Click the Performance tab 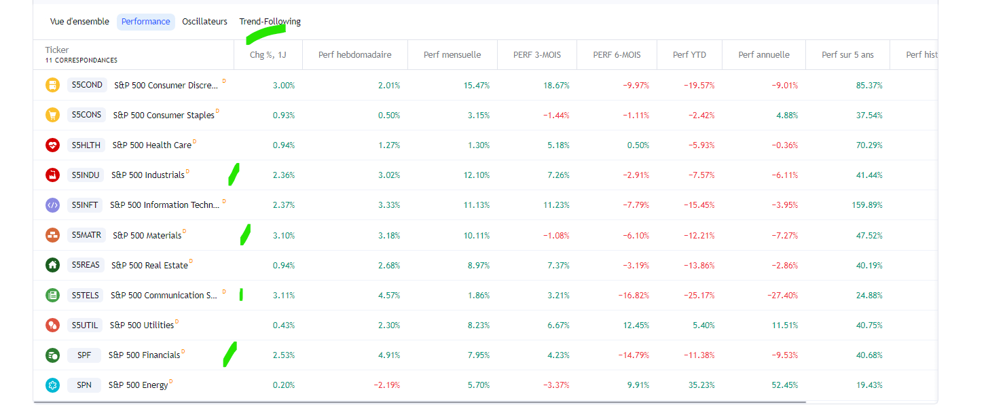click(145, 22)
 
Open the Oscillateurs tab click(204, 22)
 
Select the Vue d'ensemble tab click(79, 22)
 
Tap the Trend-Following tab click(270, 22)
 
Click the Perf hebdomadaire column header click(354, 55)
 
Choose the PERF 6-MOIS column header click(617, 55)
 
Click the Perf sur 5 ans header click(847, 55)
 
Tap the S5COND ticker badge click(87, 85)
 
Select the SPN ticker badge click(84, 385)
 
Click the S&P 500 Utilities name click(142, 325)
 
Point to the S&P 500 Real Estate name click(149, 265)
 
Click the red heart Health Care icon click(52, 145)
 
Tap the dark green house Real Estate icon click(52, 265)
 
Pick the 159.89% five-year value click(867, 205)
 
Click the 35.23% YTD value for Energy click(701, 385)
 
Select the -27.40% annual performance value click(782, 296)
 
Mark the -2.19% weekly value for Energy click(387, 385)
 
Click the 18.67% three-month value click(556, 86)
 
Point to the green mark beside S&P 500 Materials click(245, 234)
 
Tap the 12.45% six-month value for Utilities click(636, 325)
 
